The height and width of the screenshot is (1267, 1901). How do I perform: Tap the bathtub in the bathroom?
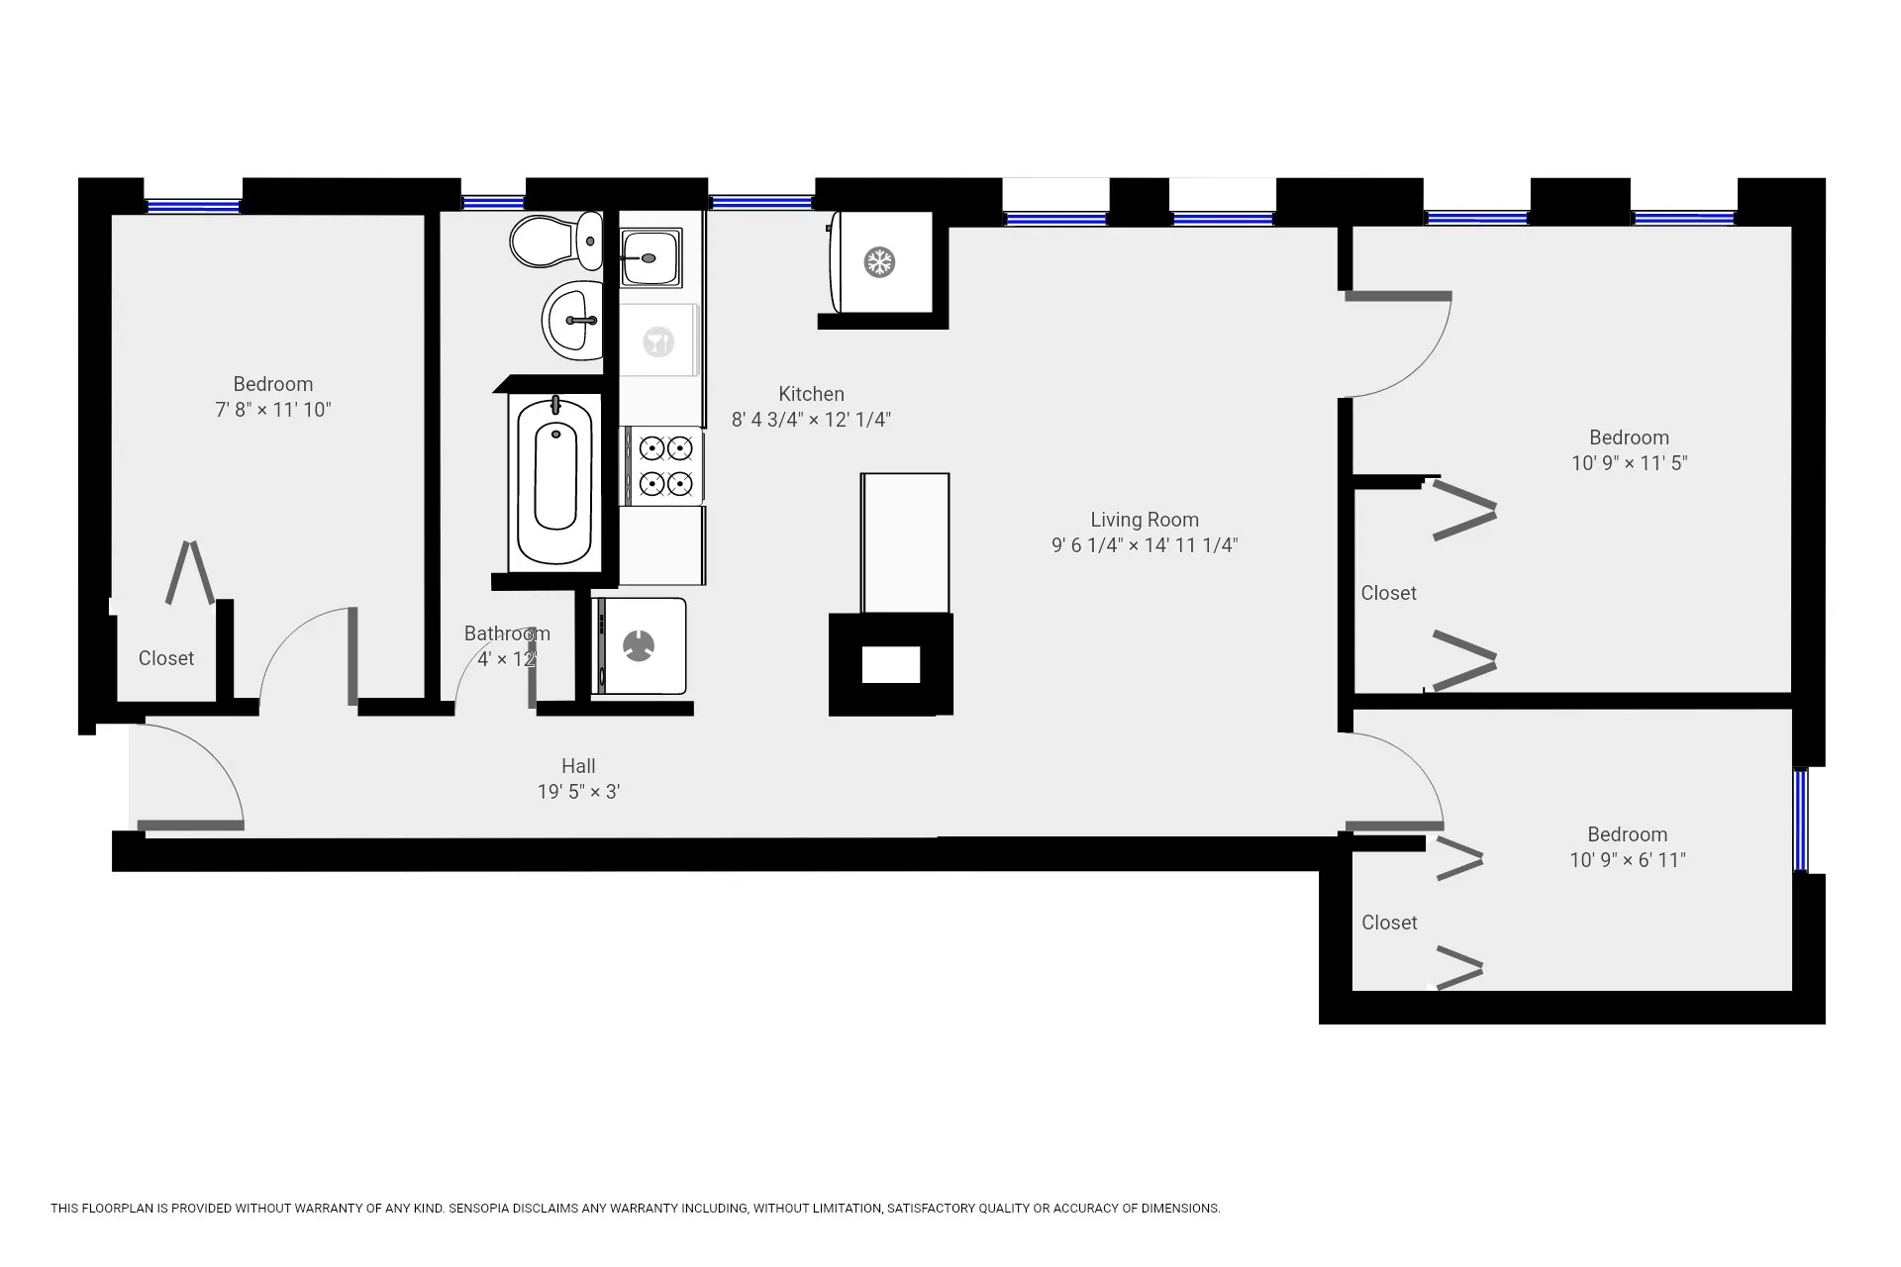555,479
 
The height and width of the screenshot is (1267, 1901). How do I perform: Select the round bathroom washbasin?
573,320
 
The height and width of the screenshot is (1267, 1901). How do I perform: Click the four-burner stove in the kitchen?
664,466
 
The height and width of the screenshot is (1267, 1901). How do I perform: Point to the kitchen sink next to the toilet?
650,256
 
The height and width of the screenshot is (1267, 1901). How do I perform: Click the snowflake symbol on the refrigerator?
879,262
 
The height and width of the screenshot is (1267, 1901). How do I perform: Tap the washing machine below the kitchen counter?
640,646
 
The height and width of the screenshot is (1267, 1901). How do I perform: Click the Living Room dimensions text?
1144,545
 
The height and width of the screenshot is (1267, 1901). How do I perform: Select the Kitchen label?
811,394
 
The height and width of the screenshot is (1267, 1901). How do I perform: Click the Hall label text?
578,766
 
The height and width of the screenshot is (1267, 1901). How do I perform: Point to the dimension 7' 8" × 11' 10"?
272,410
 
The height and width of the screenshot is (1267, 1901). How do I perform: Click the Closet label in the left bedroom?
165,658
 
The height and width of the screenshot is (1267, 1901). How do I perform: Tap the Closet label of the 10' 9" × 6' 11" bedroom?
1388,923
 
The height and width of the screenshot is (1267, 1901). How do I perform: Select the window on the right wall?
1800,820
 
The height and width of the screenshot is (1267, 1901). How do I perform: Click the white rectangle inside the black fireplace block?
890,665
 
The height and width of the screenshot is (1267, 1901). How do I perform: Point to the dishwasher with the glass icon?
658,341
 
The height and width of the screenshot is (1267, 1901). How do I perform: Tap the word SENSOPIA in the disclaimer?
480,1209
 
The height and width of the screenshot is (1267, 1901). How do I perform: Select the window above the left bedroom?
193,206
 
